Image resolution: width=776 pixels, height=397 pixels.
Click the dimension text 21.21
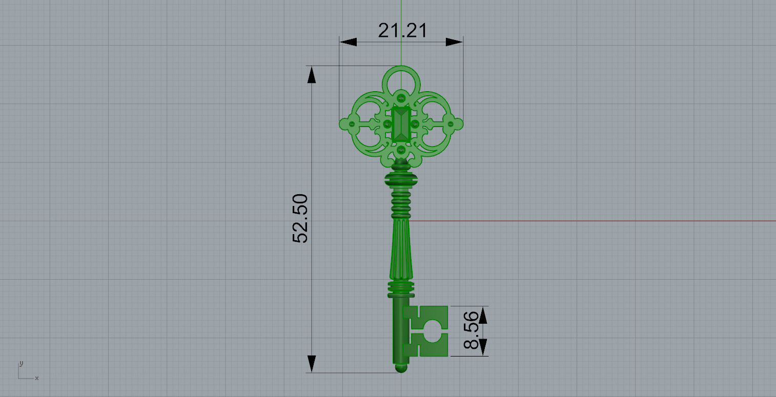[x=402, y=31]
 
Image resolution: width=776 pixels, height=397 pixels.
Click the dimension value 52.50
[x=300, y=218]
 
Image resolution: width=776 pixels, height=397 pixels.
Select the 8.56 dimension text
[x=471, y=330]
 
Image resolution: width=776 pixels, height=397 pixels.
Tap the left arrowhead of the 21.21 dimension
[x=348, y=42]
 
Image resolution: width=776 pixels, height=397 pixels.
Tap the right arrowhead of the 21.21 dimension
[x=454, y=42]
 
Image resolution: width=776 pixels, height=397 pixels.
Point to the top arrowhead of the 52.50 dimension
[x=312, y=75]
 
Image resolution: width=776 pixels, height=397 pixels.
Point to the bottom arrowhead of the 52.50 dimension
[x=312, y=364]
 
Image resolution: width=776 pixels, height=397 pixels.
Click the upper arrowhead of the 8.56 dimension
[x=483, y=316]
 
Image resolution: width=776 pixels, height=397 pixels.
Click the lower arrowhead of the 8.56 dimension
[x=483, y=347]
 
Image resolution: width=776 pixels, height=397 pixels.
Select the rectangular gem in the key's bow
[x=401, y=124]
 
